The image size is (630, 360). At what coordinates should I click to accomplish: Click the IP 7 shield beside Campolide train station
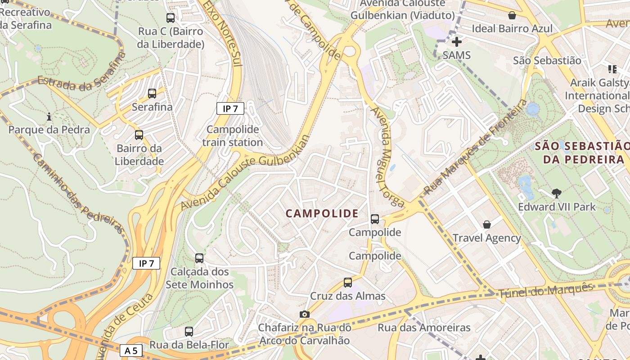[230, 108]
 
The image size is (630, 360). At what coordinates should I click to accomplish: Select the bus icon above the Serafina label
[152, 94]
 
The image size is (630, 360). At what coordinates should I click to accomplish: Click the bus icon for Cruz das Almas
[348, 283]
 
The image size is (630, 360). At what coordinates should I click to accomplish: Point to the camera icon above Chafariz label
[305, 314]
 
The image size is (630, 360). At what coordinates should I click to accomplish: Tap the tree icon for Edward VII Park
[557, 193]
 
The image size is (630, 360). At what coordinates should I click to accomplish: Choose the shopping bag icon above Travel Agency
[486, 224]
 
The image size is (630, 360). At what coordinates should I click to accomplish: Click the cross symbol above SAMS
[457, 42]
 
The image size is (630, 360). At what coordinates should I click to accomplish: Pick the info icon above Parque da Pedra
[49, 117]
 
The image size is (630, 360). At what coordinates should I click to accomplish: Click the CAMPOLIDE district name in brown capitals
[322, 214]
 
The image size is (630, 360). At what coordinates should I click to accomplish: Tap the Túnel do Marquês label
[546, 290]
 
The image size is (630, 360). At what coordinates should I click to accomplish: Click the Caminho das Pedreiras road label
[78, 193]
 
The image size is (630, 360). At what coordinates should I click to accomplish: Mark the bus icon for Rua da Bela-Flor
[189, 332]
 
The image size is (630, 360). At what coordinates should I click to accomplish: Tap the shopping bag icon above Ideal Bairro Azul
[512, 16]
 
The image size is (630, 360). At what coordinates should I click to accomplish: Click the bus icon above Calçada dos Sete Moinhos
[199, 258]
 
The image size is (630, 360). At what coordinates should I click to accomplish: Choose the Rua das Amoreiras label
[424, 327]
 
